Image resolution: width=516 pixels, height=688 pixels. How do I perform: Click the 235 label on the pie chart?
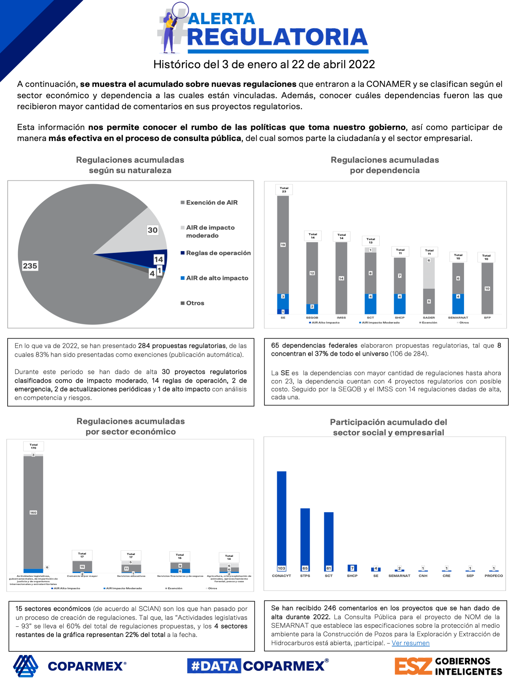pyautogui.click(x=30, y=266)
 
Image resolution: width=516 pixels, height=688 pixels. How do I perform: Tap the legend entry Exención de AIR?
pyautogui.click(x=211, y=203)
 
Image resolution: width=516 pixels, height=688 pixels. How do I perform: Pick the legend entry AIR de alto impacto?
pyautogui.click(x=217, y=278)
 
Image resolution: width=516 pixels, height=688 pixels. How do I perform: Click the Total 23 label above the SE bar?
pyautogui.click(x=284, y=189)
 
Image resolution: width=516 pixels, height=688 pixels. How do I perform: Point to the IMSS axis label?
pyautogui.click(x=341, y=318)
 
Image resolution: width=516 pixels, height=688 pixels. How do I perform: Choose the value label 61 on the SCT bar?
pyautogui.click(x=329, y=568)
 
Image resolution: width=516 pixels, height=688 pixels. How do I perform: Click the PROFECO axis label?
pyautogui.click(x=494, y=576)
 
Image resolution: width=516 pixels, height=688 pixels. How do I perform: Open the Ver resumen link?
pyautogui.click(x=410, y=643)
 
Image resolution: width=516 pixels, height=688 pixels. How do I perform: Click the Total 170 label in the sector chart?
pyautogui.click(x=34, y=446)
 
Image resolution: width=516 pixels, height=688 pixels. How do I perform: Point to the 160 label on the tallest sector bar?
pyautogui.click(x=33, y=513)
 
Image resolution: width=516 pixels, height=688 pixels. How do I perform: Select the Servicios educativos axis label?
pyautogui.click(x=131, y=576)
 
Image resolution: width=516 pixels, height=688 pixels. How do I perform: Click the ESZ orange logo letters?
pyautogui.click(x=413, y=666)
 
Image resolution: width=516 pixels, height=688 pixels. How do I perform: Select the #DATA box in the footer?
pyautogui.click(x=214, y=666)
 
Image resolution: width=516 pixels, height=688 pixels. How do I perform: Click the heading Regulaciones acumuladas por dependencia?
pyautogui.click(x=385, y=165)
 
